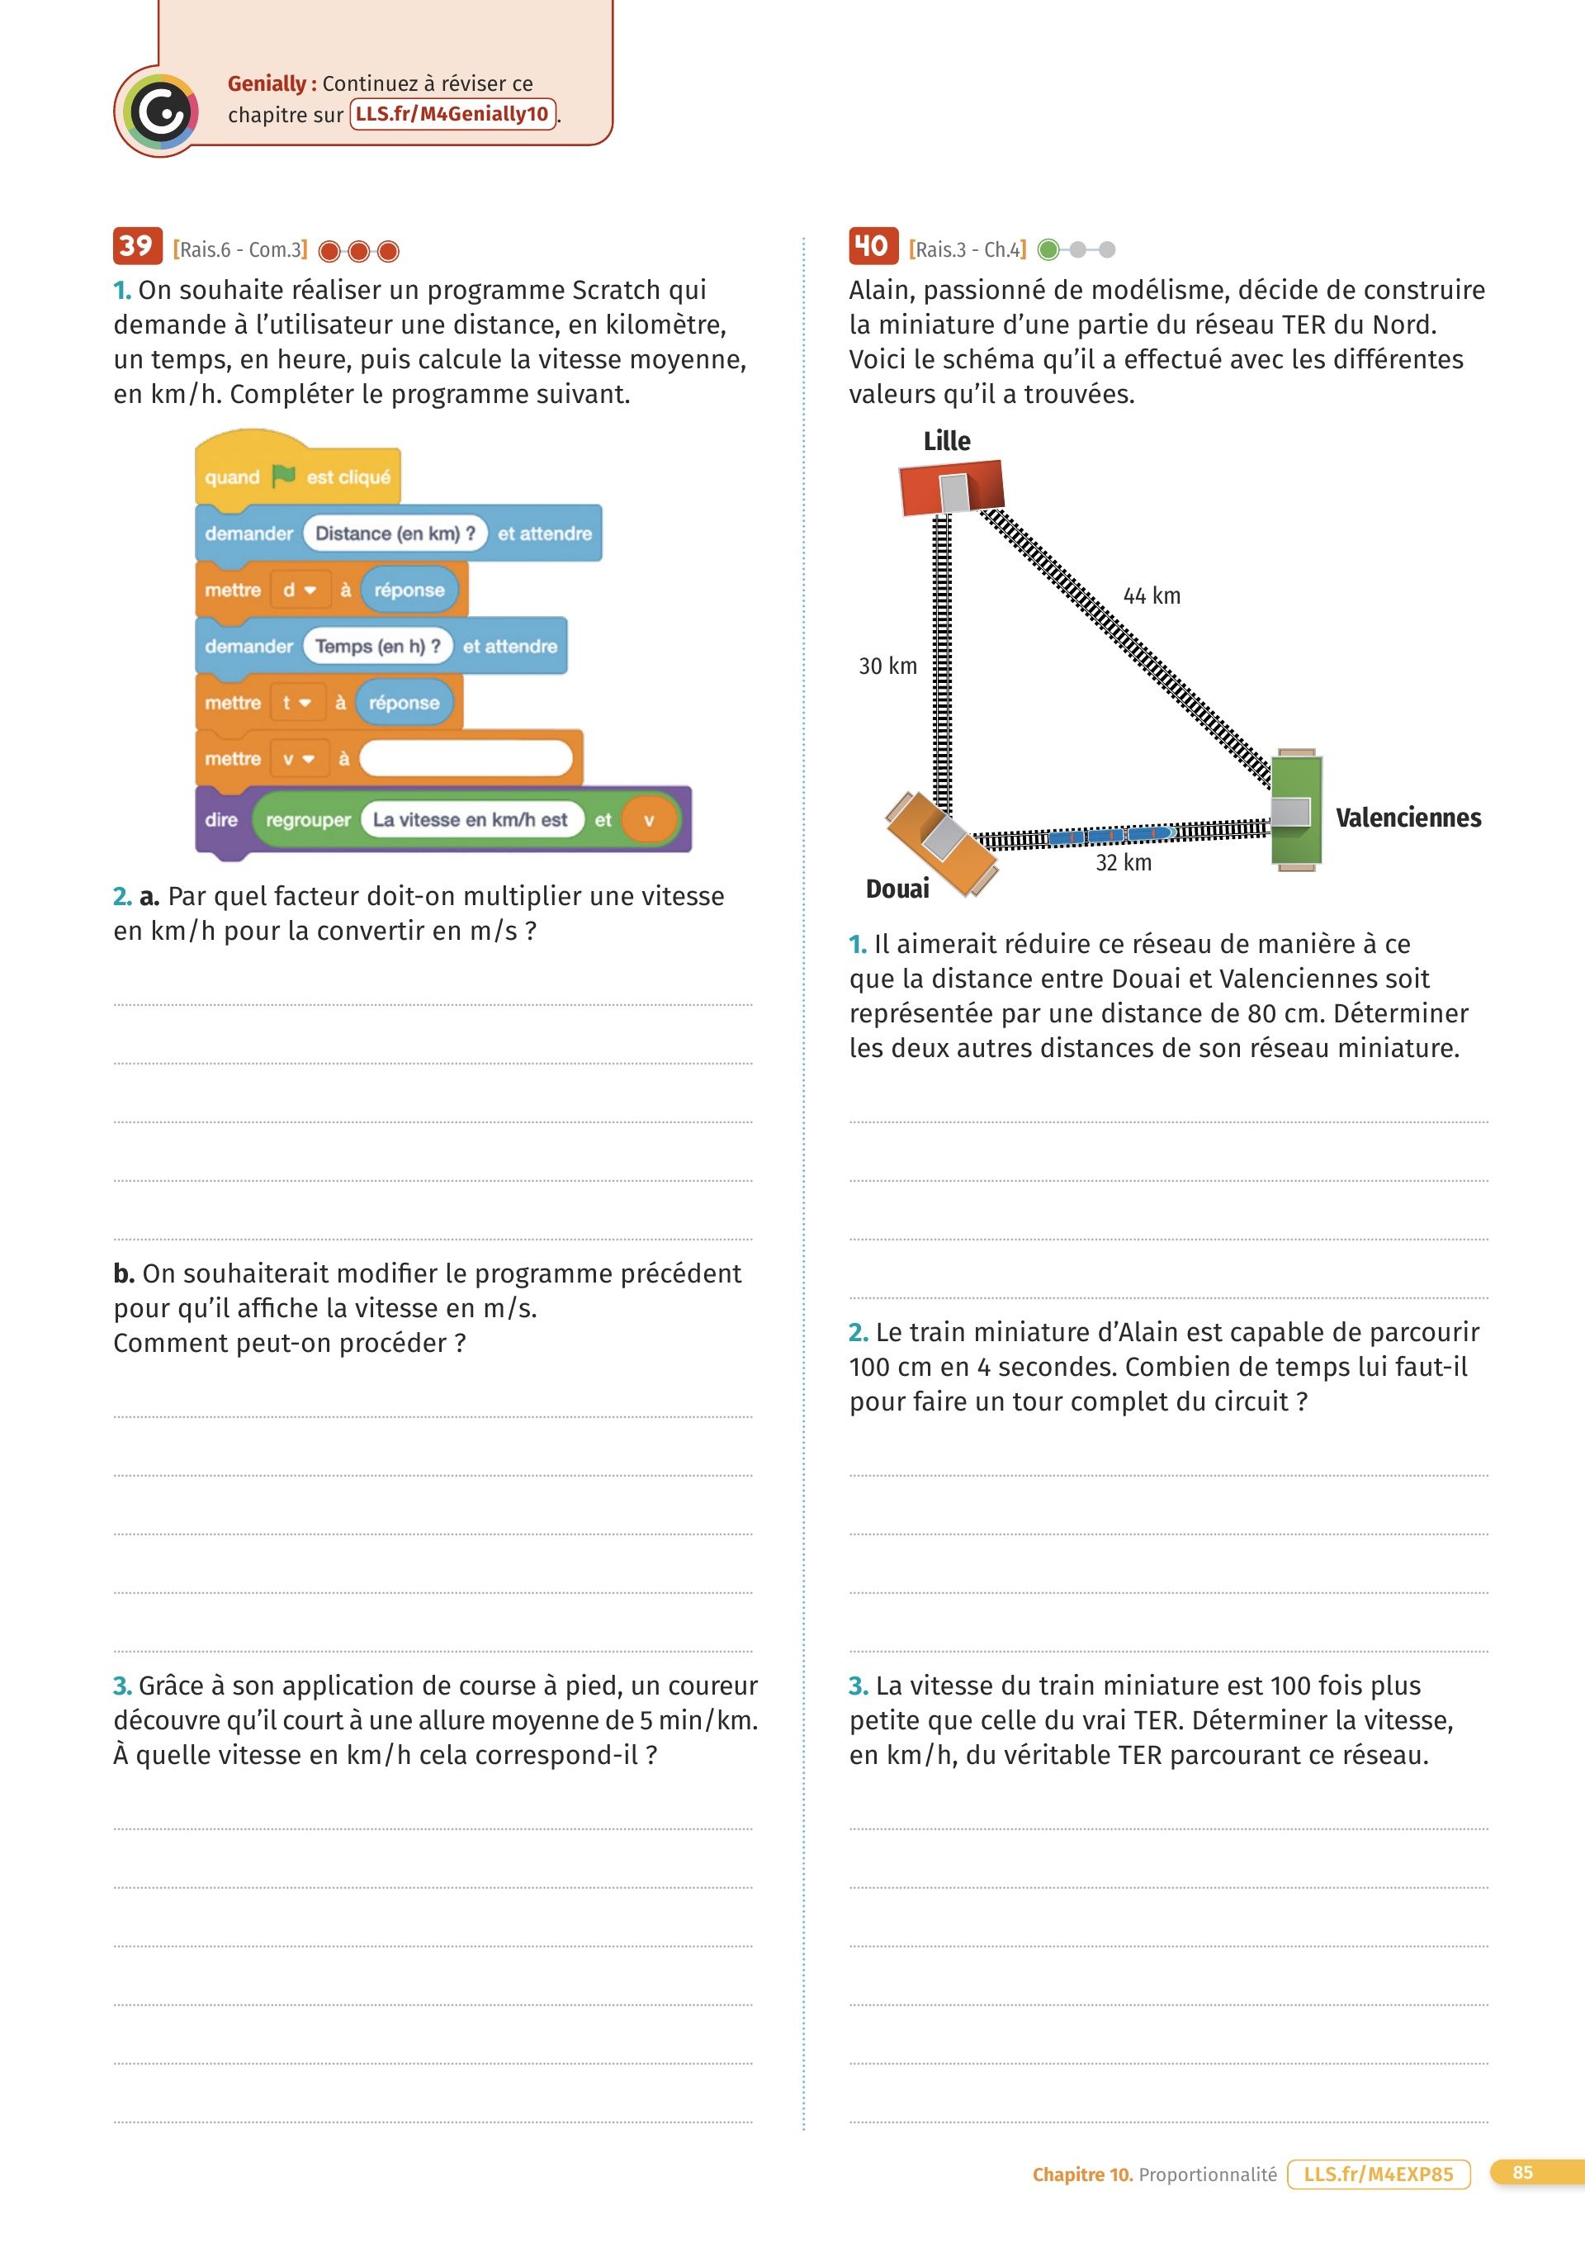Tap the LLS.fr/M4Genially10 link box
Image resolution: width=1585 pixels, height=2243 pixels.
453,114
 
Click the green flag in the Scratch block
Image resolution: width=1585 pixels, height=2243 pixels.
283,476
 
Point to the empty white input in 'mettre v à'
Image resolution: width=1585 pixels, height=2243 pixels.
466,759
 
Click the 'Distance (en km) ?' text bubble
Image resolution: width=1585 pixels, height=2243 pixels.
395,533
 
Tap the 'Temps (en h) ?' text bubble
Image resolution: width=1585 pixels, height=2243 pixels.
377,646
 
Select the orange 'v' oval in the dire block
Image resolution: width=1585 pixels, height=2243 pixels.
649,819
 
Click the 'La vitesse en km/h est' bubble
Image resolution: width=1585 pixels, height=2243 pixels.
470,819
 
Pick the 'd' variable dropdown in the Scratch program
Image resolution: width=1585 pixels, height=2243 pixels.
300,590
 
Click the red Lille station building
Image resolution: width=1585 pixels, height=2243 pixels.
950,487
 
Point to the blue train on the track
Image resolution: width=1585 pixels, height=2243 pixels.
1110,835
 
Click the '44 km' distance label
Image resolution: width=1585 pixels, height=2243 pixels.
1152,596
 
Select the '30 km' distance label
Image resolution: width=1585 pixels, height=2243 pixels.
887,666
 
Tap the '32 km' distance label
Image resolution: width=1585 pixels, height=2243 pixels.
1123,863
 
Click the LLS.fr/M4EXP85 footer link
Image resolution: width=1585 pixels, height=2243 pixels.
1378,2174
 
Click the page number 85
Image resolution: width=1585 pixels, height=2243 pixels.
1521,2172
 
